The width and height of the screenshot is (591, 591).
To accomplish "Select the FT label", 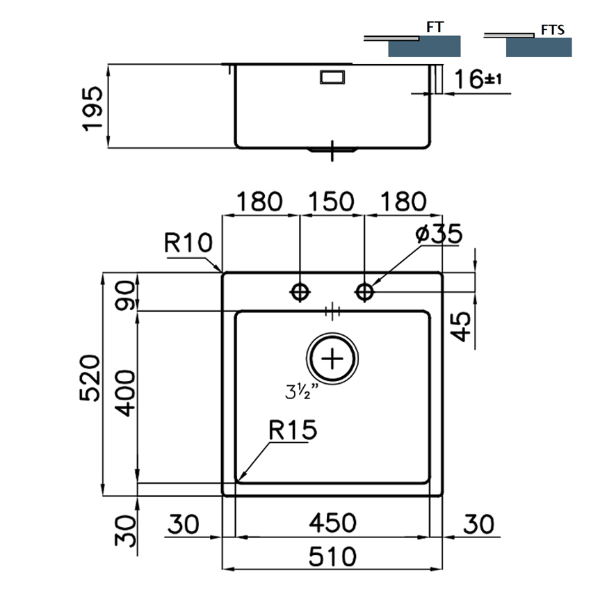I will (435, 28).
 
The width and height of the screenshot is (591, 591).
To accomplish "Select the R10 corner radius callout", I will (188, 243).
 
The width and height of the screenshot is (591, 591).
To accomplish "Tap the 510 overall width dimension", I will (332, 556).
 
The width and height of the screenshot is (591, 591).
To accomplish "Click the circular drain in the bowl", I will (333, 359).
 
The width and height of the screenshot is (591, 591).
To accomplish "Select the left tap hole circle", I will (300, 291).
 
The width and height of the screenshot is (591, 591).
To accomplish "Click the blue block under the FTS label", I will (539, 47).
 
